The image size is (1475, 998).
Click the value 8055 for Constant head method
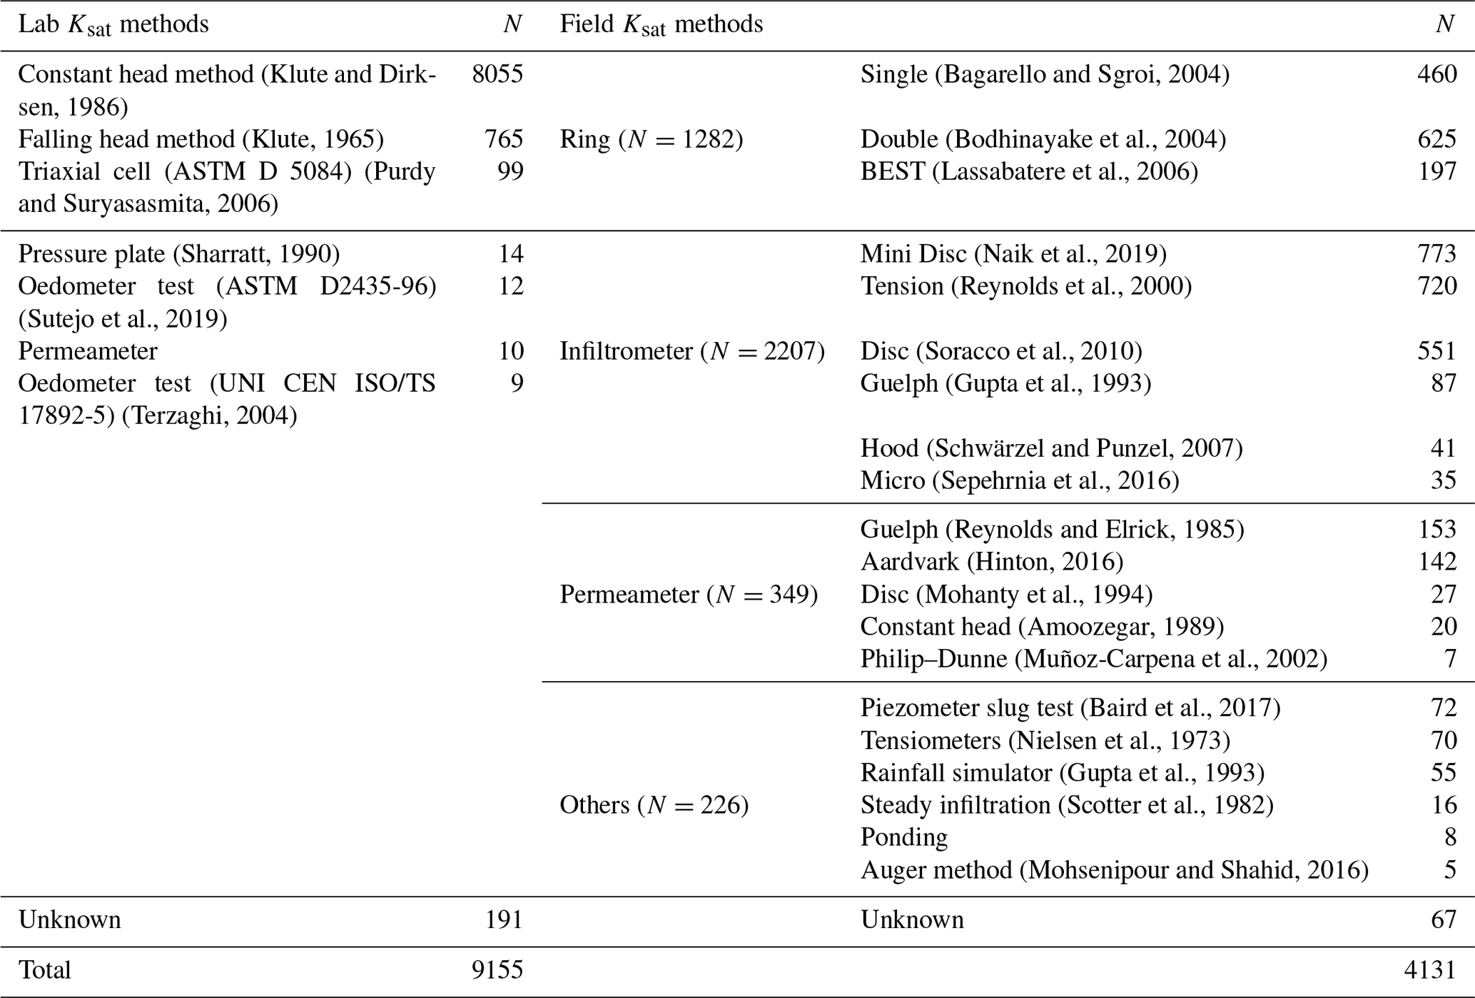497,74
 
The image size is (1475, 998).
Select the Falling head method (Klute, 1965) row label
201,138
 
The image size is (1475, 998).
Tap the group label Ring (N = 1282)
651,138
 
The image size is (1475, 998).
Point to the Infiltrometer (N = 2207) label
691,351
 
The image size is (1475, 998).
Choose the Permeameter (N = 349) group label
688,594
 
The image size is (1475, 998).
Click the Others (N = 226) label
654,805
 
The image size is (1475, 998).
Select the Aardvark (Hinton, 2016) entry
991,562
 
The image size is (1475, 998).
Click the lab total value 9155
497,969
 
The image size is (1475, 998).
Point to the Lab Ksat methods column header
113,25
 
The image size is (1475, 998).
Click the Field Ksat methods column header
661,25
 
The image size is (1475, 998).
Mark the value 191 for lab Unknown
505,919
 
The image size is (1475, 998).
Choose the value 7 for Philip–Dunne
1450,658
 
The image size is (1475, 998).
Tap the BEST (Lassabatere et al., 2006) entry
1028,171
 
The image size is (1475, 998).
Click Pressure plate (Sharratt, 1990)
178,253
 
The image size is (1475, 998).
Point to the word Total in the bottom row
44,969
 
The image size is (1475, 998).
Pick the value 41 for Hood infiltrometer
1443,448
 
